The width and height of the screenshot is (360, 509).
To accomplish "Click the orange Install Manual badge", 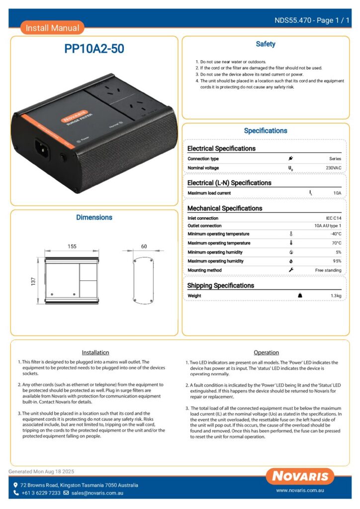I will tap(52, 28).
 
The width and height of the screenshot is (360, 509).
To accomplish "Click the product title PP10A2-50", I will tap(94, 49).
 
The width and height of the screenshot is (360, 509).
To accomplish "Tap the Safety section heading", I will tap(266, 44).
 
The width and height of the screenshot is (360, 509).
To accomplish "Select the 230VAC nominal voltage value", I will tap(333, 168).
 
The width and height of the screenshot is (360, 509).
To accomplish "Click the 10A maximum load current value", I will tap(337, 193).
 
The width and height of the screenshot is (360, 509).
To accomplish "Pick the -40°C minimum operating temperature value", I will tap(336, 234).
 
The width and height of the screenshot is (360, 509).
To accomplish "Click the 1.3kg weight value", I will tap(336, 296).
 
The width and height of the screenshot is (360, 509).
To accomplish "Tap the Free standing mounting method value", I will tap(328, 270).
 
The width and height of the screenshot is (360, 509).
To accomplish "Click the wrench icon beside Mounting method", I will tap(291, 270).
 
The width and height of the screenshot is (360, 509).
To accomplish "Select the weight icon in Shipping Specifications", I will tap(300, 296).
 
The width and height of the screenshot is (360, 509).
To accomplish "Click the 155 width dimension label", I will tap(72, 247).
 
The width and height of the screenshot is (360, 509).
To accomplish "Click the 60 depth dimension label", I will tap(144, 247).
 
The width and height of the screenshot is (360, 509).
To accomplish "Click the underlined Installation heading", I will tap(95, 352).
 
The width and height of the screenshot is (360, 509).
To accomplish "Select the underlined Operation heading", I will tap(267, 352).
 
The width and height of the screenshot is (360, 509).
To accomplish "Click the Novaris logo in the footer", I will tap(300, 476).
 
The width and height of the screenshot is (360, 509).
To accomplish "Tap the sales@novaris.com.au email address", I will tap(97, 493).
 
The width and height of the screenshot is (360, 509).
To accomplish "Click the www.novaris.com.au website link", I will tap(300, 491).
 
